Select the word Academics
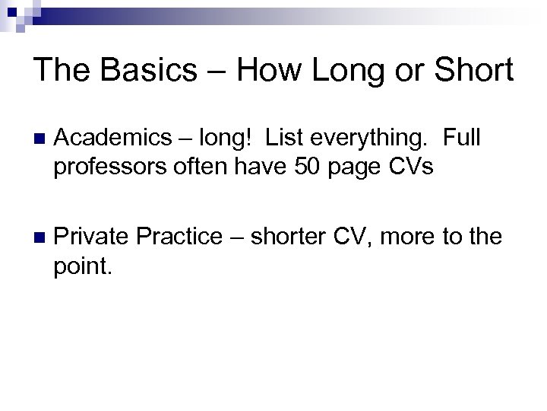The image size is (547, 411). pos(113,139)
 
